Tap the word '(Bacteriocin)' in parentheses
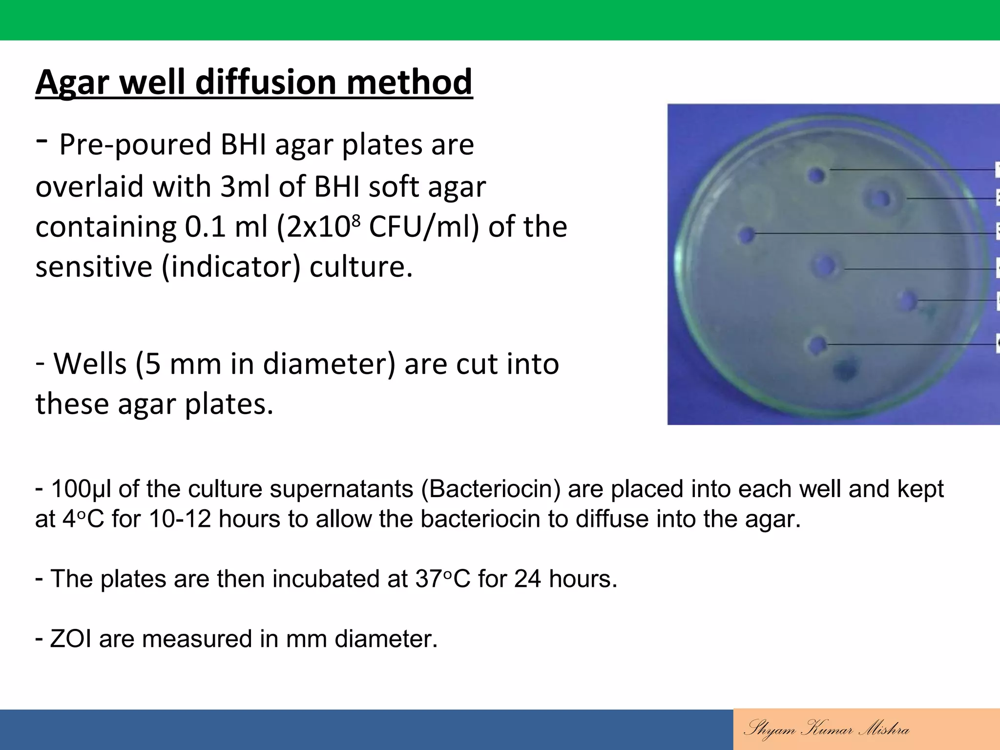click(x=491, y=489)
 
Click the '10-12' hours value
click(x=180, y=519)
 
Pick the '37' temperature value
click(x=429, y=579)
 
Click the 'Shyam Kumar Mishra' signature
click(x=826, y=729)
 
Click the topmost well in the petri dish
click(x=816, y=175)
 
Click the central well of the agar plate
click(x=825, y=266)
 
